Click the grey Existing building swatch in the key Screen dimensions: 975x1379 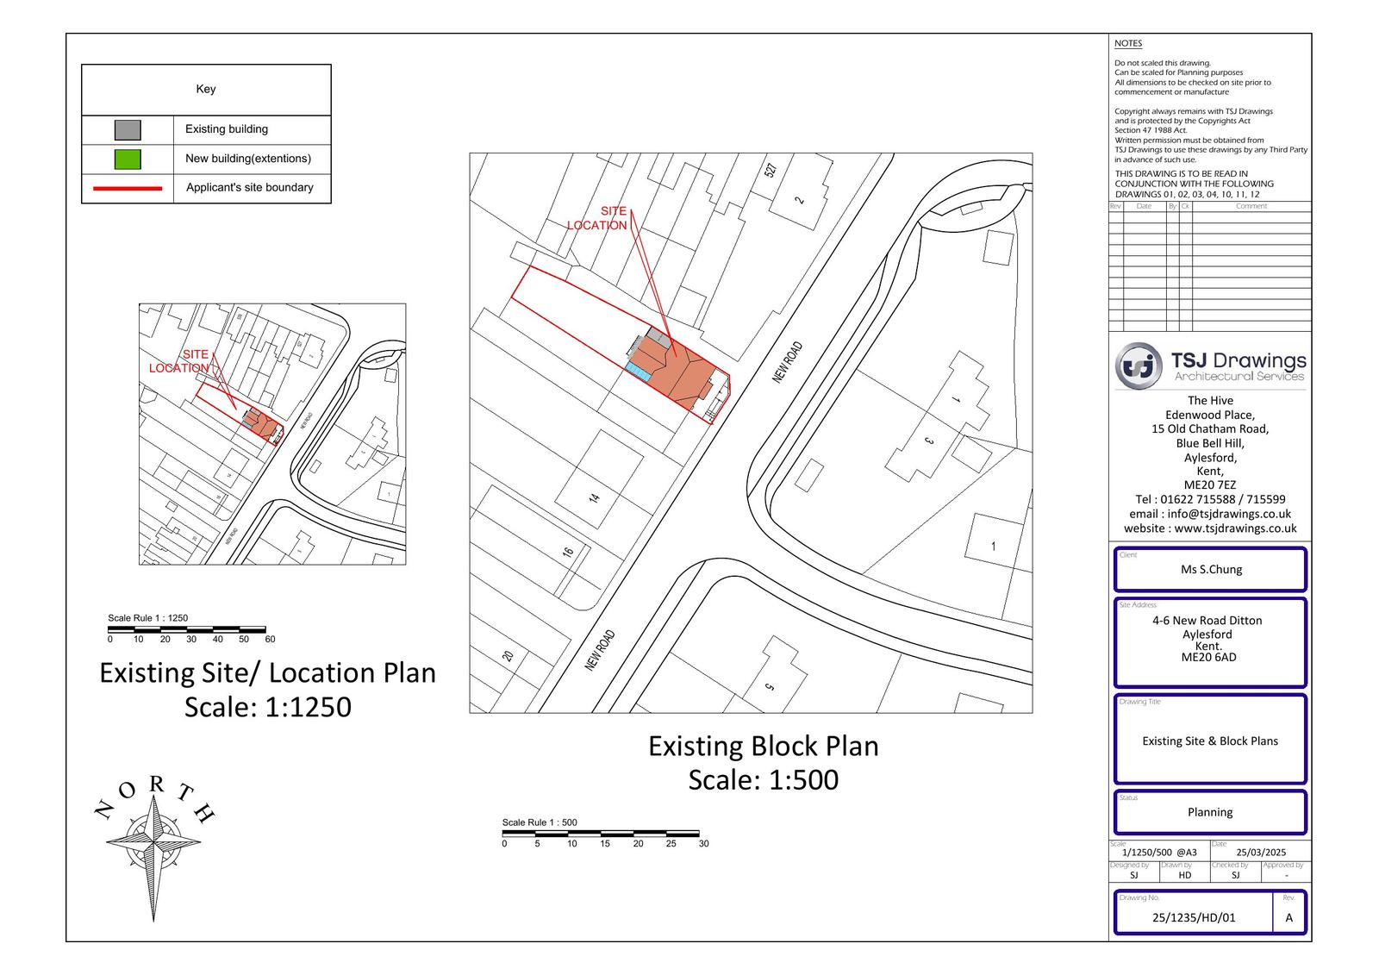coord(128,130)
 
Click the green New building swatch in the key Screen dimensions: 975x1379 coord(128,159)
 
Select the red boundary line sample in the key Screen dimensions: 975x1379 coord(128,188)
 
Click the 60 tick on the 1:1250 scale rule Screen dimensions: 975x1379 coord(270,639)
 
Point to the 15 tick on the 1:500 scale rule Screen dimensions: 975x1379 coord(605,843)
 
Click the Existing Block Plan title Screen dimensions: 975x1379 coord(763,746)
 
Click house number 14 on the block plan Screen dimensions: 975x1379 coord(593,498)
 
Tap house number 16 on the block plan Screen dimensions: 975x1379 coord(568,552)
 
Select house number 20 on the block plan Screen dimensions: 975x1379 coord(508,656)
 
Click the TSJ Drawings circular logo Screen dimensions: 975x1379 coord(1138,366)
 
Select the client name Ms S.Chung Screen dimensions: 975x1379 coord(1211,570)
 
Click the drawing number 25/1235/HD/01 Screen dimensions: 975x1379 coord(1194,917)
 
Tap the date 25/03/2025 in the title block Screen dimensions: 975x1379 coord(1261,852)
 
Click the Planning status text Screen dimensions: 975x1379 coord(1210,812)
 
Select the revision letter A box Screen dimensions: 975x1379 coord(1289,917)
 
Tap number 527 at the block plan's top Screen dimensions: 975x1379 coord(771,170)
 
